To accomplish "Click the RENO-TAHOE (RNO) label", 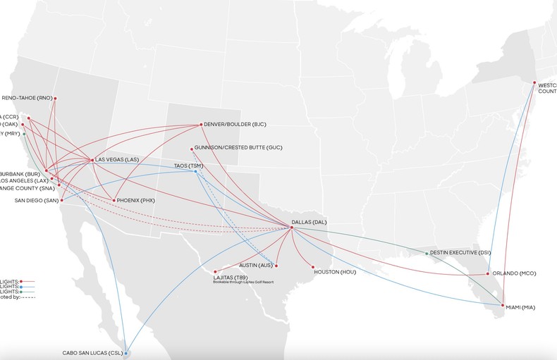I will click(x=27, y=98).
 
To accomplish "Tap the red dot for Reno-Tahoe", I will click(x=55, y=98).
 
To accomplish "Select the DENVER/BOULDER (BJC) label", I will click(x=236, y=124).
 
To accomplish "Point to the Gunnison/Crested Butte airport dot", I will click(x=192, y=148).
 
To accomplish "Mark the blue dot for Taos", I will click(x=196, y=171).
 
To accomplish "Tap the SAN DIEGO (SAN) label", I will click(x=37, y=200).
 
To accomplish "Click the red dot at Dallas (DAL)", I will click(x=292, y=227).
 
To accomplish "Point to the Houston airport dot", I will click(x=312, y=267).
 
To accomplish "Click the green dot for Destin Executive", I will click(x=427, y=253).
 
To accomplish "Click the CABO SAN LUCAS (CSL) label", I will click(x=92, y=352).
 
